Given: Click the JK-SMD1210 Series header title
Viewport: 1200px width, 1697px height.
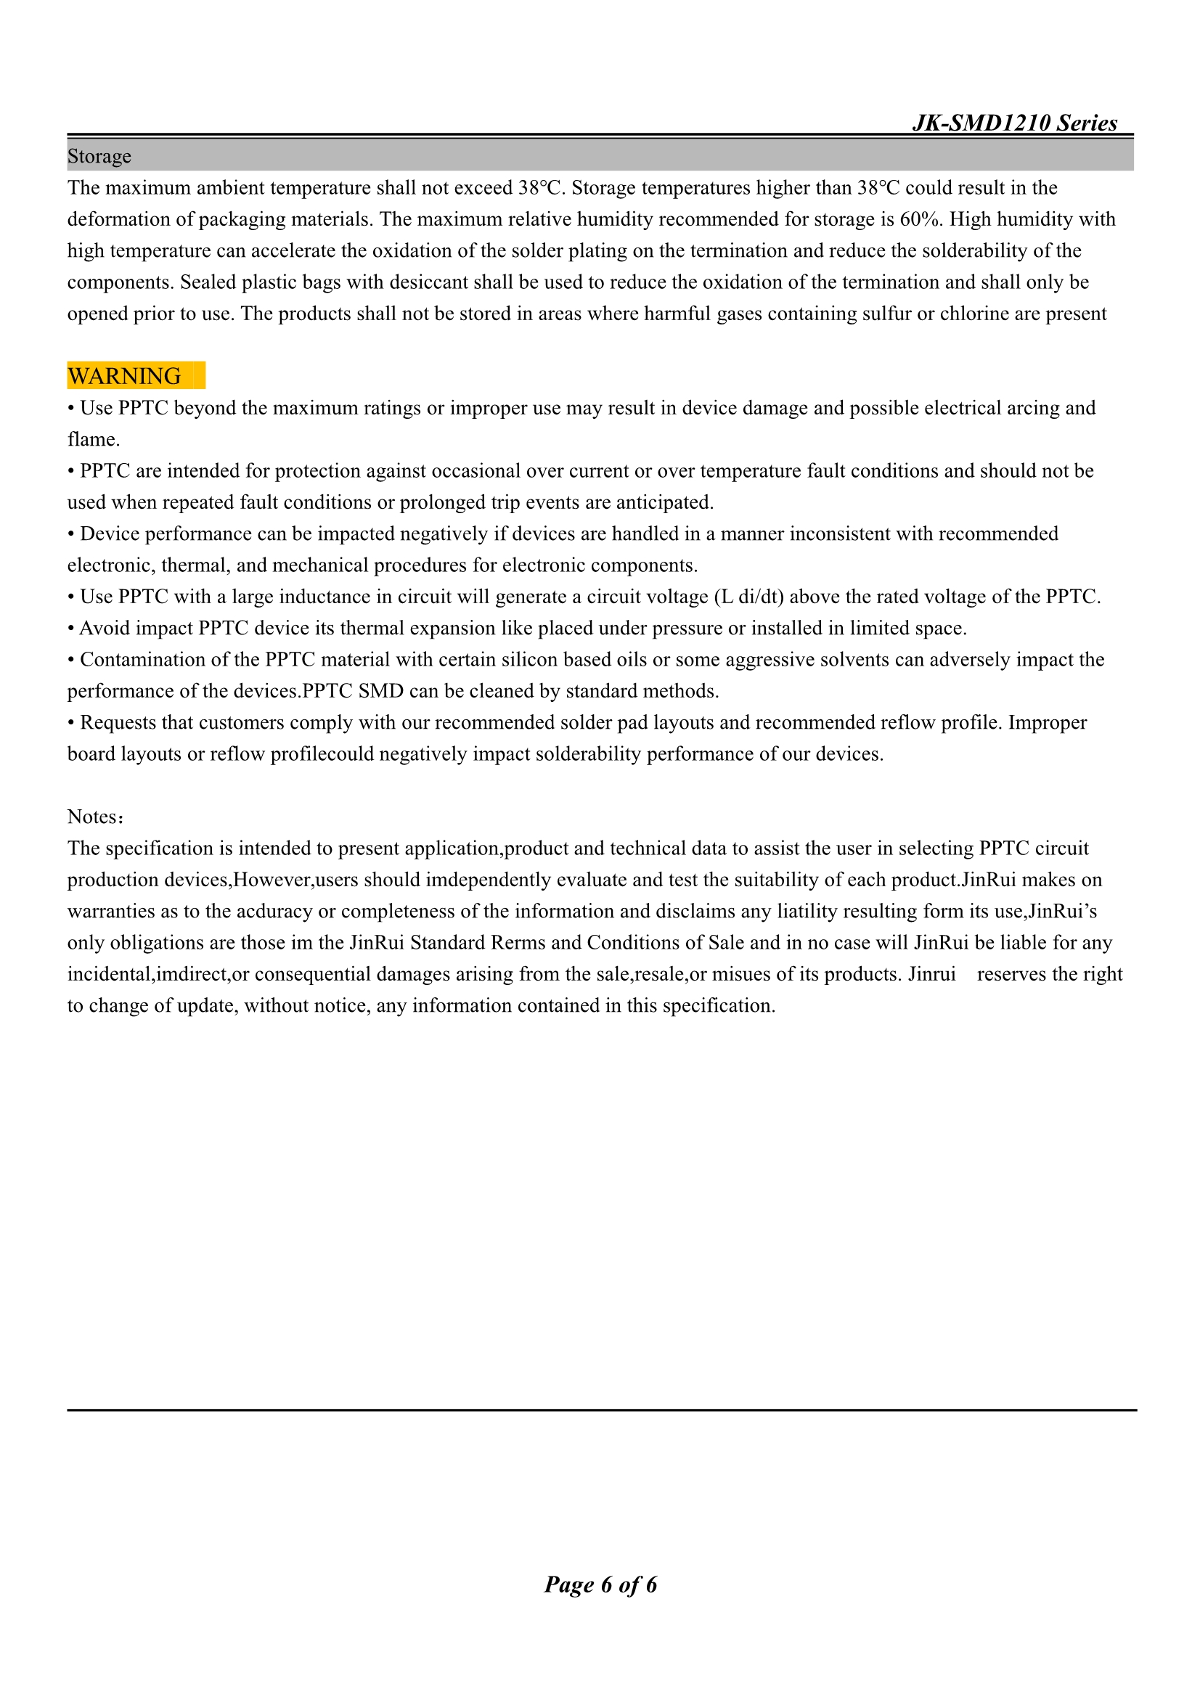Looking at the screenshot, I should click(1014, 123).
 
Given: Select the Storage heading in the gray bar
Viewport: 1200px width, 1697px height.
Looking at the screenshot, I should click(99, 156).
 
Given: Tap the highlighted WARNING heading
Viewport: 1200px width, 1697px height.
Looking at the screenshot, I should click(124, 376).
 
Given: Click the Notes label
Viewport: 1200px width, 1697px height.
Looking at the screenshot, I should click(94, 817).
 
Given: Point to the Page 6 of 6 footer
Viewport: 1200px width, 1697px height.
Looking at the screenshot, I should click(600, 1584).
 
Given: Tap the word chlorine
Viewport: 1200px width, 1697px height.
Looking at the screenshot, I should click(974, 314).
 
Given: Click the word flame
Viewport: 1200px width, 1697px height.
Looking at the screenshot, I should click(91, 440).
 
